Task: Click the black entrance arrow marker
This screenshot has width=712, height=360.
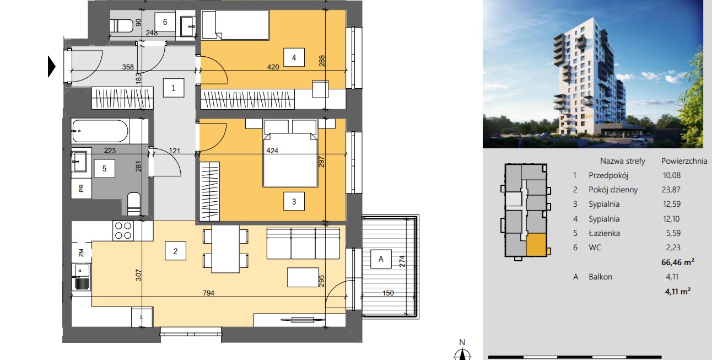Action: coord(51,67)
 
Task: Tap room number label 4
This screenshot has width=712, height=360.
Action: coord(294,57)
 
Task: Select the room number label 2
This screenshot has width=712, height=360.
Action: coord(175,251)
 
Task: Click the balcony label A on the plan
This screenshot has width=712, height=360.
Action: coord(381,259)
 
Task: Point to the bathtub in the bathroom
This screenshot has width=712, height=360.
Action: coord(100,131)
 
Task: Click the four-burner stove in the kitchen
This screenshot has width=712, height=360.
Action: coord(123,230)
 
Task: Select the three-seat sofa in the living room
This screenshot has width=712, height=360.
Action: coord(303,243)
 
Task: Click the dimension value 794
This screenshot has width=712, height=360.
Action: coord(208,293)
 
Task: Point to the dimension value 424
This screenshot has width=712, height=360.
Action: coord(272,151)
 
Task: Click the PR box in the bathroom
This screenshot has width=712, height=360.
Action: coord(82,188)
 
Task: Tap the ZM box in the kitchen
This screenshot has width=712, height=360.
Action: coord(82,252)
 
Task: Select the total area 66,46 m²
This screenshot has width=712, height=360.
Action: coord(678,262)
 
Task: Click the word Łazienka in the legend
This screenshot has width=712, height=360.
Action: coord(604,233)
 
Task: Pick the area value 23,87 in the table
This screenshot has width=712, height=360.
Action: coord(671,190)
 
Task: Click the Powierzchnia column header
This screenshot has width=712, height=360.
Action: coord(684,161)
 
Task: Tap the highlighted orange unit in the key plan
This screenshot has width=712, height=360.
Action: coord(536,245)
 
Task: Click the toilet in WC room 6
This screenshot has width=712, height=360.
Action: coord(122,25)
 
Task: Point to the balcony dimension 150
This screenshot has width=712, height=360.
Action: coord(388,293)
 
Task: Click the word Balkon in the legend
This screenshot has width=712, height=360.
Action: coord(601,277)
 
